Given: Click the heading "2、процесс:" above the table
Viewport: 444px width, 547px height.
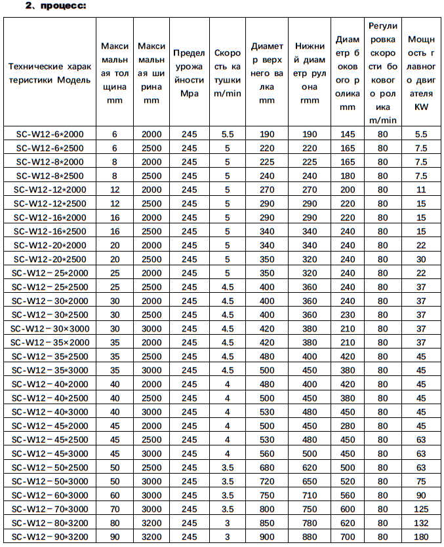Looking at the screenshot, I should [x=56, y=6].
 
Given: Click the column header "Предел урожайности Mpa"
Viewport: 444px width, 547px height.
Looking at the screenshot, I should [x=189, y=73].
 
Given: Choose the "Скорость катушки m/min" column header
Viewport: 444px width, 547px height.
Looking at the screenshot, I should [x=228, y=73].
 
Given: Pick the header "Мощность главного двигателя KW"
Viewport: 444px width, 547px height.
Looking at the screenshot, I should [x=420, y=73].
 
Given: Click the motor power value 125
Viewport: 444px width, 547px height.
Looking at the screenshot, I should [x=420, y=509].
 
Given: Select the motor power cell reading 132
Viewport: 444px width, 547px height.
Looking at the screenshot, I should [x=420, y=523].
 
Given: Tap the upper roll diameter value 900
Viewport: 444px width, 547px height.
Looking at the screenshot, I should [x=267, y=537].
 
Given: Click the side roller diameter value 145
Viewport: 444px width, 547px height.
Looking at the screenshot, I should [x=347, y=134].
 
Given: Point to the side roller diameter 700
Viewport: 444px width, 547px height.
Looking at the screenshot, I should [x=347, y=537].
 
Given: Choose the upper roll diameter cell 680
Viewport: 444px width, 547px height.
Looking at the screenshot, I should [x=267, y=467].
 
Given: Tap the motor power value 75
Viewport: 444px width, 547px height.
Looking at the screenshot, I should [x=420, y=481].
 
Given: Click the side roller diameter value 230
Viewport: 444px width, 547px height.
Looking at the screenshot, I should [x=347, y=314].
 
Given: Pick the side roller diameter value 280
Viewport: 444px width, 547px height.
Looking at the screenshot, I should [x=347, y=425].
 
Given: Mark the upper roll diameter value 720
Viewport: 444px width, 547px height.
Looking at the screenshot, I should [x=267, y=481].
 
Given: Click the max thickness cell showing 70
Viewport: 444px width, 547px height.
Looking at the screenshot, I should [x=115, y=509].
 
